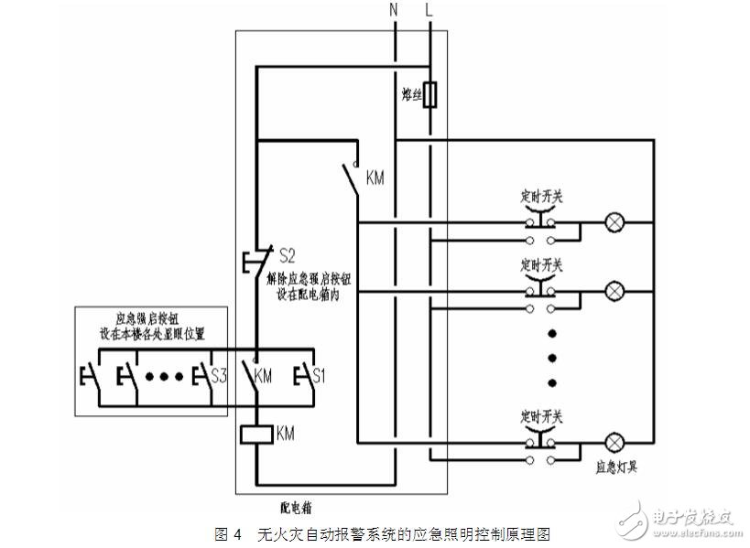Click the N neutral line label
394,11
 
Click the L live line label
429,11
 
